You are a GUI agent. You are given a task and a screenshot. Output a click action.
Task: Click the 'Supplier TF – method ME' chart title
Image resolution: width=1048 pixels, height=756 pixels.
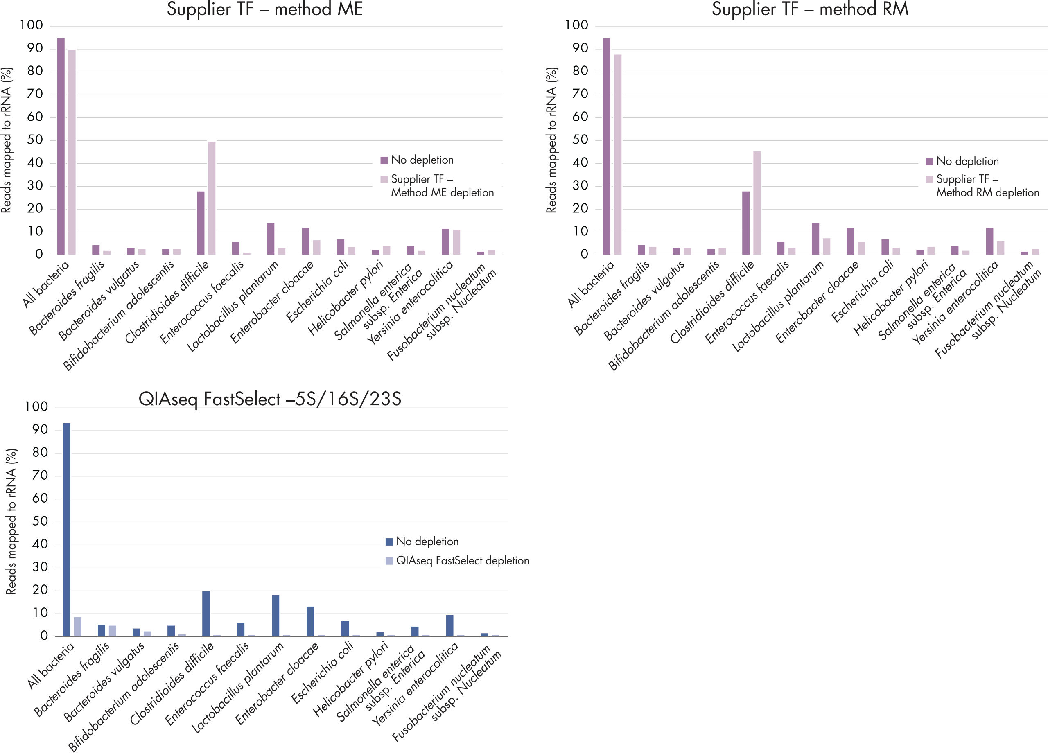click(264, 10)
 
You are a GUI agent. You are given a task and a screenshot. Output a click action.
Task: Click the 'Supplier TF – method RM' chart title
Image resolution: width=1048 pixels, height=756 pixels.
click(810, 10)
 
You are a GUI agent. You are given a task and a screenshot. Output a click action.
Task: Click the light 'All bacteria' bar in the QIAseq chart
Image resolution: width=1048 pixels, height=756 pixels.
click(78, 627)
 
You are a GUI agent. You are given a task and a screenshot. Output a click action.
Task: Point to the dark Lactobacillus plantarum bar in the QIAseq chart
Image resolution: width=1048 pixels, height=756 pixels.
click(276, 616)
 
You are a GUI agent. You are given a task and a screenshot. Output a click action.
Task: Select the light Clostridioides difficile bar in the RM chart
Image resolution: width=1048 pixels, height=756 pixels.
click(757, 203)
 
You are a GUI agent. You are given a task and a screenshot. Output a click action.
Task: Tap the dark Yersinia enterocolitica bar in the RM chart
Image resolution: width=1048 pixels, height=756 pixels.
click(989, 241)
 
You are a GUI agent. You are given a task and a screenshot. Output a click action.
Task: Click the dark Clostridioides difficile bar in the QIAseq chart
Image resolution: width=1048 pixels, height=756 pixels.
click(206, 614)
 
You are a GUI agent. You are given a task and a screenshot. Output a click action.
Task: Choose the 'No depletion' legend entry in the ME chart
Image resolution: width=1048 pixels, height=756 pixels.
click(417, 160)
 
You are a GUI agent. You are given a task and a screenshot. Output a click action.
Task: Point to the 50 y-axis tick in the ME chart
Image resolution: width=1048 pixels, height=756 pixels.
click(35, 140)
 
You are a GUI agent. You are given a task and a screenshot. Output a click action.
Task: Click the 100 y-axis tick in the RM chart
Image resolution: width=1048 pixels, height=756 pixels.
click(576, 25)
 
